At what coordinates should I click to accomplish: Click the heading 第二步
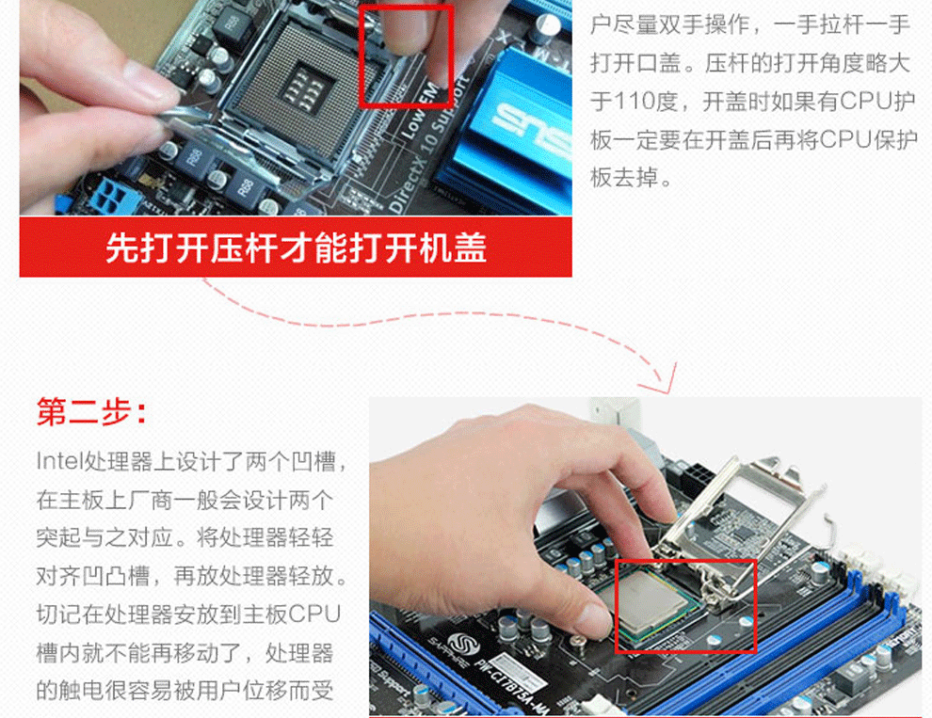click(91, 411)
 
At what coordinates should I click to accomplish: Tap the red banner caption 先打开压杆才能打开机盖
click(296, 247)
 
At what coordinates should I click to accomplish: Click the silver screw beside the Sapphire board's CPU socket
click(577, 642)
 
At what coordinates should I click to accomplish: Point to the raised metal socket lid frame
click(743, 505)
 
